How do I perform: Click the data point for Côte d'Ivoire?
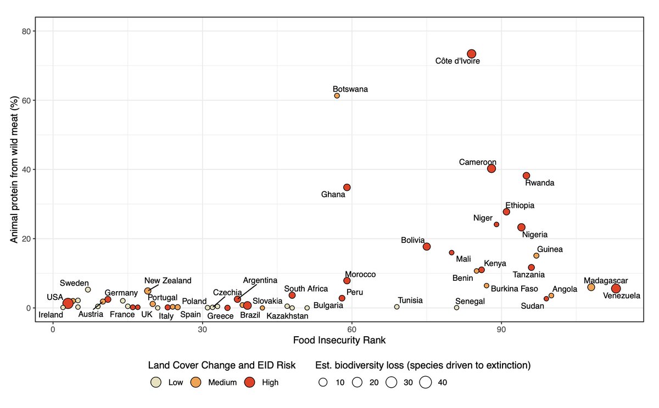[x=471, y=54]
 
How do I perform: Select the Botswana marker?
[x=337, y=95]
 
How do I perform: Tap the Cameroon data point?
[x=492, y=168]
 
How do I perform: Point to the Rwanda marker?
[x=526, y=175]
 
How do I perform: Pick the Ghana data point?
[x=347, y=187]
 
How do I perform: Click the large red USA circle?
[x=68, y=303]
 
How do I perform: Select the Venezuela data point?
[x=616, y=288]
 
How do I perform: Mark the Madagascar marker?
[x=591, y=287]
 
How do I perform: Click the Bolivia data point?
[x=427, y=247]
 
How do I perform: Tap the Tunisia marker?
[x=396, y=307]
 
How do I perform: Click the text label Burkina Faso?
[x=515, y=288]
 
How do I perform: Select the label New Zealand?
[x=167, y=281]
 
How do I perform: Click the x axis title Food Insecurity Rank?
[x=339, y=340]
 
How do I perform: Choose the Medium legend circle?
[x=195, y=382]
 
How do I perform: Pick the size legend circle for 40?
[x=426, y=382]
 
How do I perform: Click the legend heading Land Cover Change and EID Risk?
[x=222, y=365]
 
